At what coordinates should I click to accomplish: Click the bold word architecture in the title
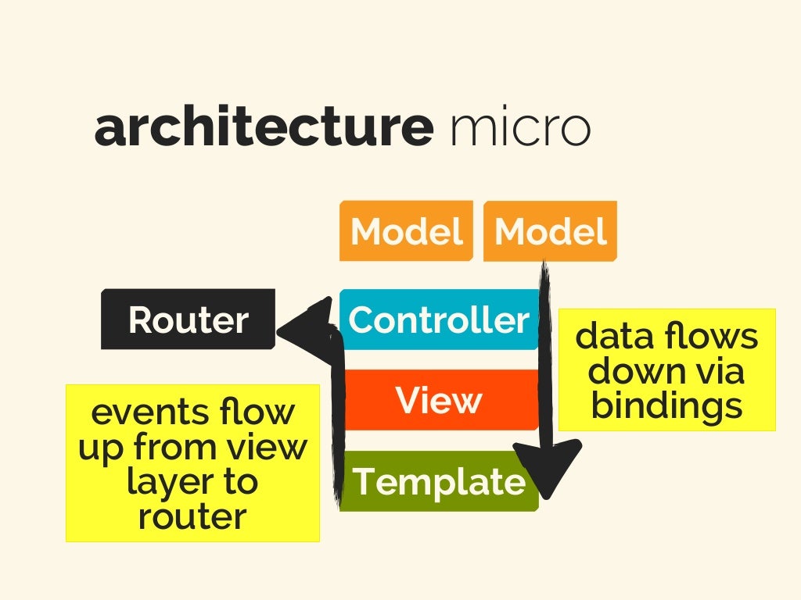[263, 128]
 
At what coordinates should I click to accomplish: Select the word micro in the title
[520, 128]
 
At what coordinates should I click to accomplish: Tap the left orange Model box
[406, 231]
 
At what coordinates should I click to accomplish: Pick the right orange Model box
[550, 231]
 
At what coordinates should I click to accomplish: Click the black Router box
[188, 320]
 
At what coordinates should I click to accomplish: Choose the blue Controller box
[439, 320]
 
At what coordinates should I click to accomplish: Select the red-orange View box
[439, 400]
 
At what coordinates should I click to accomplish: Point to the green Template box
[439, 481]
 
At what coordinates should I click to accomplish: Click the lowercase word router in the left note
[192, 516]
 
